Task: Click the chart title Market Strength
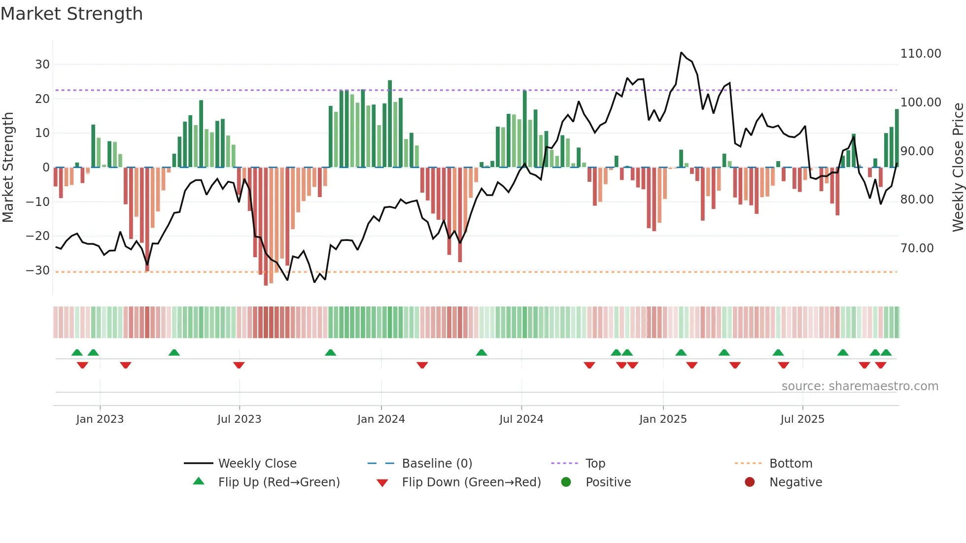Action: point(71,14)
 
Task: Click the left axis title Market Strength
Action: point(8,167)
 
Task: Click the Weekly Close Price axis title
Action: point(958,167)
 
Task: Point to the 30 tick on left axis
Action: point(42,65)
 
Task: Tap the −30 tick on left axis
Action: point(38,271)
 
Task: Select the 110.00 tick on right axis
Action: point(920,54)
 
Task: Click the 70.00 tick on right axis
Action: point(917,248)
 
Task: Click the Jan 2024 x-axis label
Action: point(381,419)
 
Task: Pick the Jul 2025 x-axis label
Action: point(802,419)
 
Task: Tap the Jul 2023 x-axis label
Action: point(239,419)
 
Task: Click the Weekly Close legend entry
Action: point(257,464)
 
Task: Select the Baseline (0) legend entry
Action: point(437,464)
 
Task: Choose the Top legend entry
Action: point(595,464)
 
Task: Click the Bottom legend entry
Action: point(791,464)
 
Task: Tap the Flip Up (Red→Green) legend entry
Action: point(278,482)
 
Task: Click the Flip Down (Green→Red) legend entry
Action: point(471,482)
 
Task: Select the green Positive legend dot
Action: point(566,482)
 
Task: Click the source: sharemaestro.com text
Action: point(860,386)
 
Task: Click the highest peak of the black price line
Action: point(681,53)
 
